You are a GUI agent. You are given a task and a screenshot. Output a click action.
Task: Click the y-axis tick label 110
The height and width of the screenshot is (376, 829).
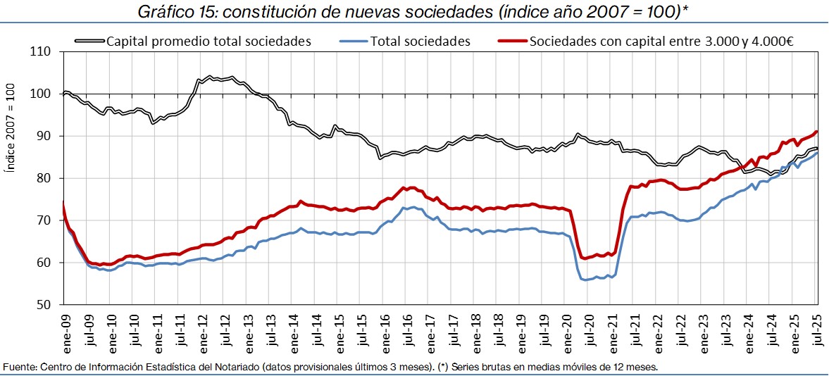point(42,51)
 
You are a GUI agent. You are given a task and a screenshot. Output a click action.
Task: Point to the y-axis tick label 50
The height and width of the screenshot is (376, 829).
point(44,305)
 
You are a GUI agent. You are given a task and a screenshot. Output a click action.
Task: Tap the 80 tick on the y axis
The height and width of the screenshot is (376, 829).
point(44,178)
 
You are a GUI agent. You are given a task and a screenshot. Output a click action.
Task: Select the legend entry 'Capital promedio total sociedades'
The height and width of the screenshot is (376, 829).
point(208,41)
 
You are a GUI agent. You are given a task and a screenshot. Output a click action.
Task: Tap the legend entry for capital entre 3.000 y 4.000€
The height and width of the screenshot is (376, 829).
point(661,41)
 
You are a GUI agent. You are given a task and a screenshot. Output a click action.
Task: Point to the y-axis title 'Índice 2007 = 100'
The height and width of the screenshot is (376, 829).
point(10,127)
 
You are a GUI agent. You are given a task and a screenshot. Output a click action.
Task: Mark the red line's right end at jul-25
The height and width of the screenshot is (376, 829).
point(816,132)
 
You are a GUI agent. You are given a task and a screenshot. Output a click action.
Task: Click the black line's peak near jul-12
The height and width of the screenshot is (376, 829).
point(211,76)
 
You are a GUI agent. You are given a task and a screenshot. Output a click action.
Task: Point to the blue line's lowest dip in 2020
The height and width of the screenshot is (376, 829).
point(586,280)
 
